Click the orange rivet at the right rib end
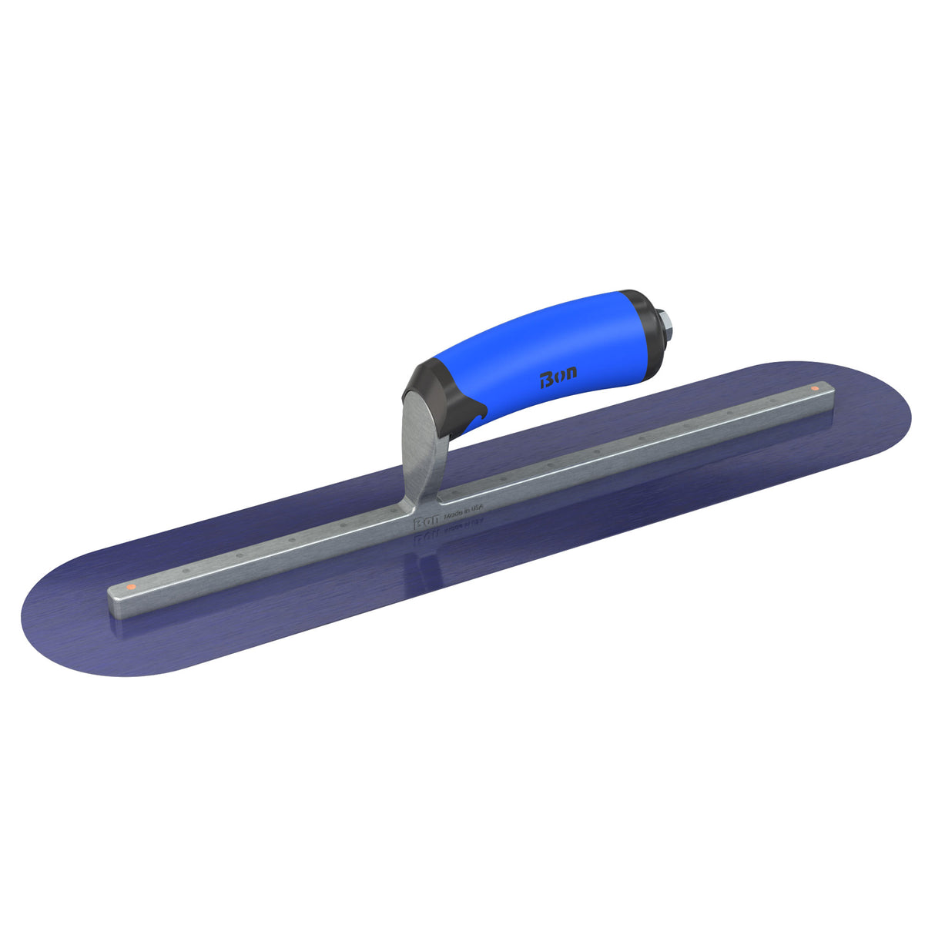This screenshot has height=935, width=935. (814, 387)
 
